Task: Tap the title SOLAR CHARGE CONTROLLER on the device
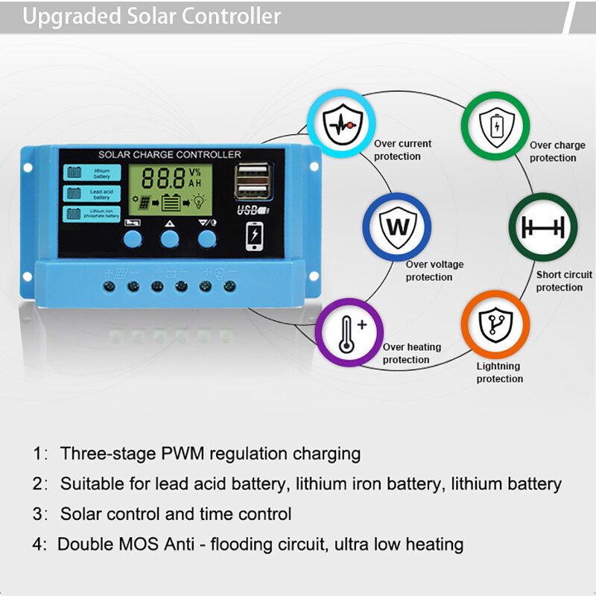(x=170, y=154)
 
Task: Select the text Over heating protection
(x=411, y=353)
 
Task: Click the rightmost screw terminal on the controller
(x=230, y=285)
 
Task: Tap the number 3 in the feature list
(x=38, y=514)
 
